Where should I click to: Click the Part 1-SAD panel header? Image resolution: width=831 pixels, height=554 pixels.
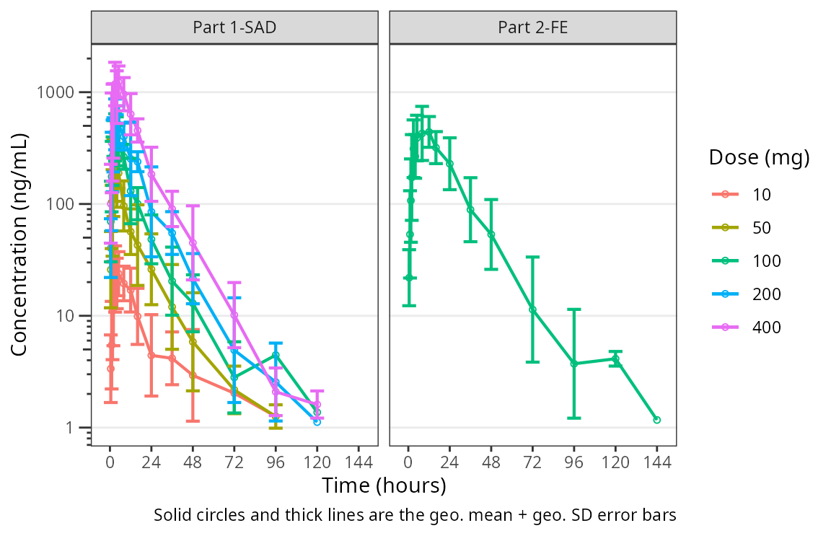(234, 27)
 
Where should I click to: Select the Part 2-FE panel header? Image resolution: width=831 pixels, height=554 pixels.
(532, 27)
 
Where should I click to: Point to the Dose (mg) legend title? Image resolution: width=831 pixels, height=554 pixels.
(759, 157)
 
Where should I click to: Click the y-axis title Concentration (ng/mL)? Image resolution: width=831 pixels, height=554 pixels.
(19, 245)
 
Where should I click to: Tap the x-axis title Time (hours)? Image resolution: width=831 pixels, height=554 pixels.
(384, 485)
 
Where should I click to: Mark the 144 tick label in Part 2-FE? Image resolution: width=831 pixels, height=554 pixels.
(656, 462)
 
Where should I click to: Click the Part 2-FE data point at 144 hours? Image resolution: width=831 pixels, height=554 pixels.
(656, 420)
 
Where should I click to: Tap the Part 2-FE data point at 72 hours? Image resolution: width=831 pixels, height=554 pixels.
(532, 309)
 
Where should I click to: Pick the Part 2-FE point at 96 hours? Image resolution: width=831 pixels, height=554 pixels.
(574, 364)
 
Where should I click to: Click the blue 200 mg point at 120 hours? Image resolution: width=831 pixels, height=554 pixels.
(317, 422)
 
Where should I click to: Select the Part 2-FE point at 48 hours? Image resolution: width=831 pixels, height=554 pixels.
(491, 234)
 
